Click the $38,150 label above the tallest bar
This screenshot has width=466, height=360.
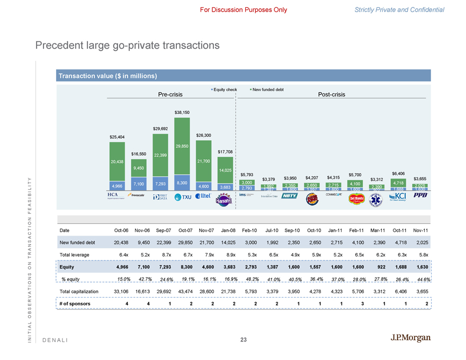[x=182, y=112]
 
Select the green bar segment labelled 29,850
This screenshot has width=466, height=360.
[x=182, y=146]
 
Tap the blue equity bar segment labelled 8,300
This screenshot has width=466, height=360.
[x=182, y=183]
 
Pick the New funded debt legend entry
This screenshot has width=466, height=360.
[x=267, y=89]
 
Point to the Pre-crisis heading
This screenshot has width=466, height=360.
[x=171, y=95]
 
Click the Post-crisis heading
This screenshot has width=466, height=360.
[x=331, y=95]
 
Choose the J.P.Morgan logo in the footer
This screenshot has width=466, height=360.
[x=410, y=338]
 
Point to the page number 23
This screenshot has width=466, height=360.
[x=244, y=339]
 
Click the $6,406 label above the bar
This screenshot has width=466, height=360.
[x=398, y=173]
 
